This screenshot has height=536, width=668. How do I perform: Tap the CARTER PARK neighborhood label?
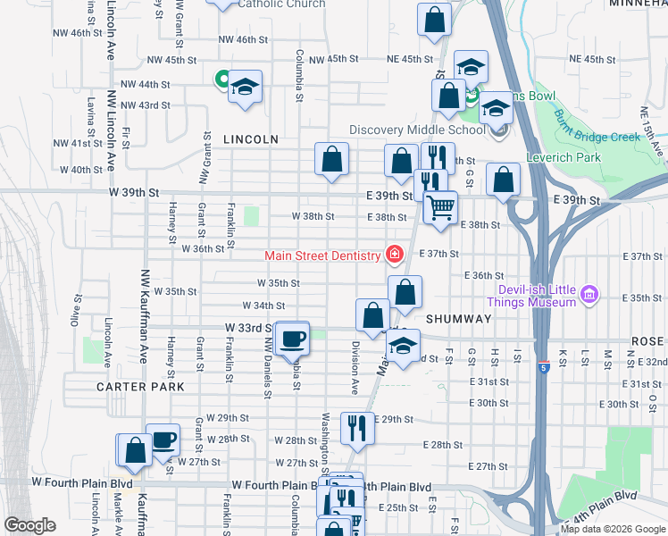[x=141, y=387]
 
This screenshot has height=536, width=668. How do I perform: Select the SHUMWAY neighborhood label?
[x=459, y=319]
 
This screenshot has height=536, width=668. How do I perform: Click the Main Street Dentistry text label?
[x=322, y=256]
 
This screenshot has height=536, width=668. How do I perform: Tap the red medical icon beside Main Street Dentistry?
[x=392, y=256]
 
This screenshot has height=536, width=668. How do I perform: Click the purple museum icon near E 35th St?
[x=588, y=294]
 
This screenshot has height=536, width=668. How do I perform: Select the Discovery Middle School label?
[x=417, y=130]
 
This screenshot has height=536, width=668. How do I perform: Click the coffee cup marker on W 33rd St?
[x=292, y=339]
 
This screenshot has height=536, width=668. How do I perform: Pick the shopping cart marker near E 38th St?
[x=439, y=208]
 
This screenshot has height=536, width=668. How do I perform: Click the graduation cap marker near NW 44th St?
[x=244, y=87]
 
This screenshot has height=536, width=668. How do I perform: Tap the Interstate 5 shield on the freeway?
[x=542, y=368]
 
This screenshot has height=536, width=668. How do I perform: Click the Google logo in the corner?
[x=29, y=525]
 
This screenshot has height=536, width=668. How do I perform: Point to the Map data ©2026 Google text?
[x=613, y=529]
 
